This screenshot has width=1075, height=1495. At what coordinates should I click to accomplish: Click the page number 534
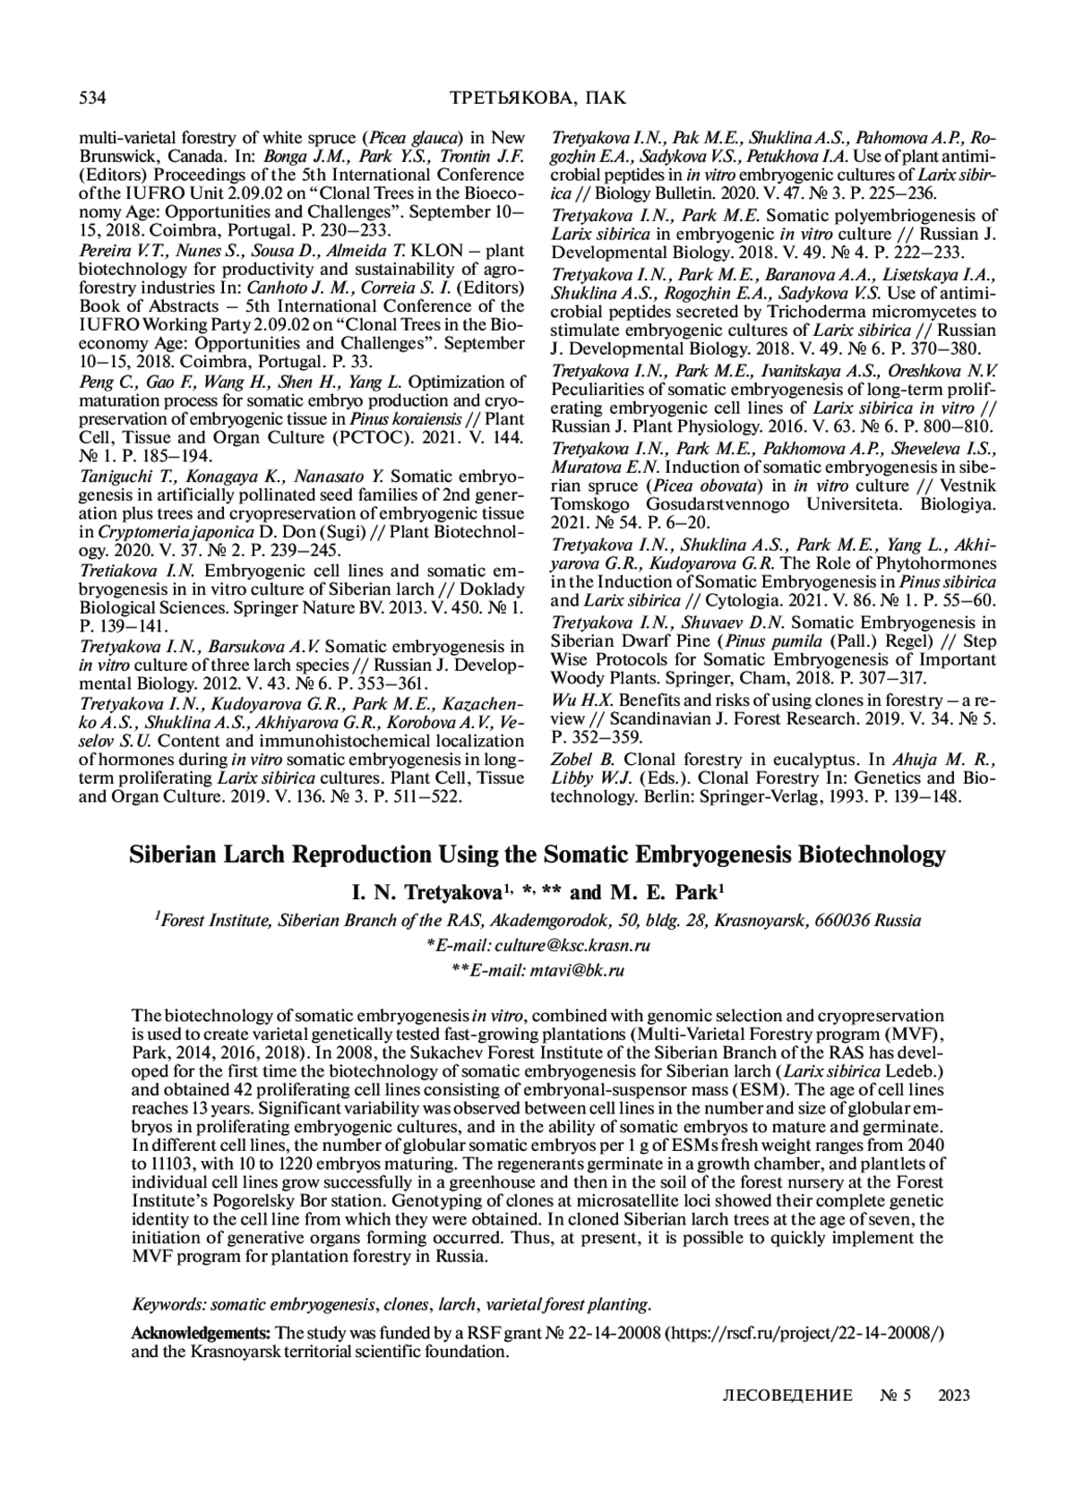(x=94, y=98)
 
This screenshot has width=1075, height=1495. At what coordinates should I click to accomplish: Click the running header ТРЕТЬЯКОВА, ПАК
(x=537, y=98)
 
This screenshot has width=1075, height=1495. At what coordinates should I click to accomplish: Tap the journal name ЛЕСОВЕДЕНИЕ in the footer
(x=787, y=1396)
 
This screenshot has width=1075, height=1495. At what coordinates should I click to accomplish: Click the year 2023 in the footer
(x=954, y=1396)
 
